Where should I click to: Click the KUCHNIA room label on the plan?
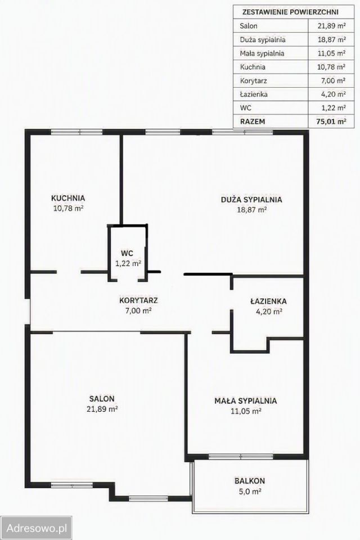click(68, 198)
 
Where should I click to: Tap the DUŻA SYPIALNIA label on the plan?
click(251, 199)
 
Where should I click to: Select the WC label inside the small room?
click(127, 253)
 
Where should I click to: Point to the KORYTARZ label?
click(138, 300)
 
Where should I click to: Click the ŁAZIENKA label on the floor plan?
click(268, 301)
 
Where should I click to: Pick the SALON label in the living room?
click(102, 399)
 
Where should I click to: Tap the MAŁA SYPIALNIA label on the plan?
click(246, 401)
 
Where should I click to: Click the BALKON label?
click(250, 481)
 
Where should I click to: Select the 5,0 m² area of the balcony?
click(250, 492)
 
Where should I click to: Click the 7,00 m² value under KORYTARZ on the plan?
click(138, 310)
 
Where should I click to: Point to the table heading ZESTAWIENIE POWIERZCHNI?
click(290, 12)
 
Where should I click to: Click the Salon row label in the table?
click(249, 26)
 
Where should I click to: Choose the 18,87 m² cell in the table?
click(331, 39)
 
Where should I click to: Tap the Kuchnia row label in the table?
click(253, 67)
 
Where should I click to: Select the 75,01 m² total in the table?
click(331, 121)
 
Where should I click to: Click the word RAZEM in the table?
click(253, 121)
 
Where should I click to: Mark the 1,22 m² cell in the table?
click(334, 108)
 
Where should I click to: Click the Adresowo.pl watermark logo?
click(36, 528)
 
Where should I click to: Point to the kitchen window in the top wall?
click(76, 132)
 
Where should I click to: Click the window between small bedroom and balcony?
click(241, 457)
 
